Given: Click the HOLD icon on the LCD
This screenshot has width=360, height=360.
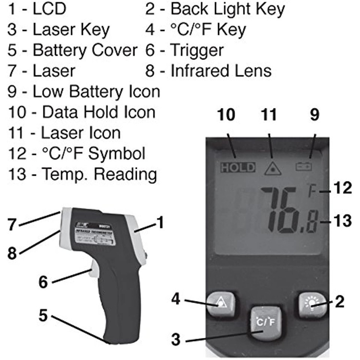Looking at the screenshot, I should click(238, 167).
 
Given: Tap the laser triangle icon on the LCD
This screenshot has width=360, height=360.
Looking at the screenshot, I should click(272, 168).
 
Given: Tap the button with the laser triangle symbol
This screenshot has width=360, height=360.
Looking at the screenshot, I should click(222, 303).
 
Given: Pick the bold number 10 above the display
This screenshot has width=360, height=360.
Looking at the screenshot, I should click(226, 115).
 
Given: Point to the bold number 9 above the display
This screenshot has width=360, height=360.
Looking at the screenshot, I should click(314, 115).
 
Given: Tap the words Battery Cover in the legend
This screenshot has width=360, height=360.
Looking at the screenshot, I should click(85, 50).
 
